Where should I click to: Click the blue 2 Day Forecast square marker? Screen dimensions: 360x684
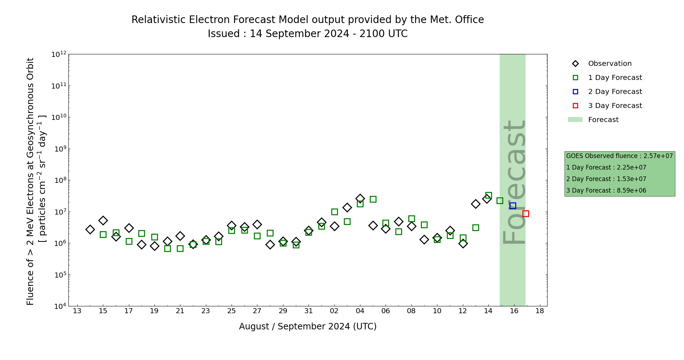point(513,206)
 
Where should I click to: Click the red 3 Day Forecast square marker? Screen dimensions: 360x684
point(526,213)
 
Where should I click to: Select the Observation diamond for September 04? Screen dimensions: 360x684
point(360,198)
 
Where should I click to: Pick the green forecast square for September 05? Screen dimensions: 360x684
point(373,199)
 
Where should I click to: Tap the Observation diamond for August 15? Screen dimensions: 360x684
point(103,220)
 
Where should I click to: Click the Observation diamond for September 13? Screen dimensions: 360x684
point(476,204)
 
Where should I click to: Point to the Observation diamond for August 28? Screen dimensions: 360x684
point(270,244)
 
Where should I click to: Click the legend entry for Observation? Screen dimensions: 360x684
point(609,64)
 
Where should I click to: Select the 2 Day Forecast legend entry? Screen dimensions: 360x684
point(615,92)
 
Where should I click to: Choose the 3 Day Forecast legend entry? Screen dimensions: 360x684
point(615,106)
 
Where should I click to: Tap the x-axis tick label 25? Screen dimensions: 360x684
point(231,311)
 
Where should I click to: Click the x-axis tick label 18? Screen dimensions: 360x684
point(540,311)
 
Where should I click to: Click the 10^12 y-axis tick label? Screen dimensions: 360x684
point(59,54)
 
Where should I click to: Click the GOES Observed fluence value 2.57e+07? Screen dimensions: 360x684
point(658,156)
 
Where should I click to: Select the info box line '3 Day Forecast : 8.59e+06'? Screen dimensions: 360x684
point(606,190)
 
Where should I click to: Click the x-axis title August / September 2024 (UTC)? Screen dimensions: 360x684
point(308,327)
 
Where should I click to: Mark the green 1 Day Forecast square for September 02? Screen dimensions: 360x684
point(334,212)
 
